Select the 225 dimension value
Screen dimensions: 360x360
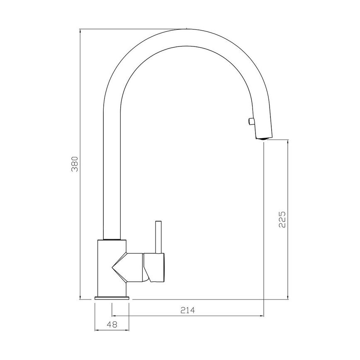tap(282, 219)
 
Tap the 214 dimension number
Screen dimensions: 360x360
tap(187, 310)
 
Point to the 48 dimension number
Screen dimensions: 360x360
tap(112, 325)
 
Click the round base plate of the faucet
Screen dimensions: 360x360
tap(112, 297)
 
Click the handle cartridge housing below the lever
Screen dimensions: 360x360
tap(154, 268)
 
